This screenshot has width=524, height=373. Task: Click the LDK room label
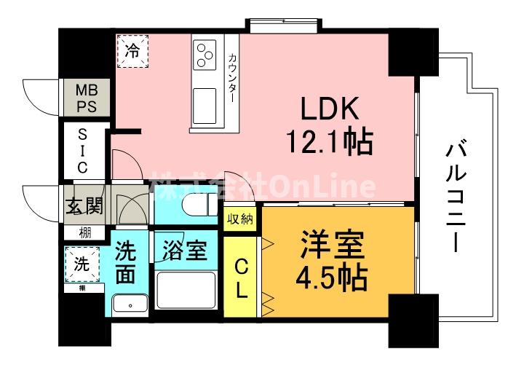331,111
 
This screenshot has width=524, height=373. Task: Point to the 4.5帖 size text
331,277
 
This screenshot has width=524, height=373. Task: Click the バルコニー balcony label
457,198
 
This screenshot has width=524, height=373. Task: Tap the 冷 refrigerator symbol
132,51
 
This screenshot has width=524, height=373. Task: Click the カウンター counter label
231,77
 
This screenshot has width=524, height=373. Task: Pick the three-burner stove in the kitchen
205,55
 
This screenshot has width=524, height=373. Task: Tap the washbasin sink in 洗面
130,304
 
